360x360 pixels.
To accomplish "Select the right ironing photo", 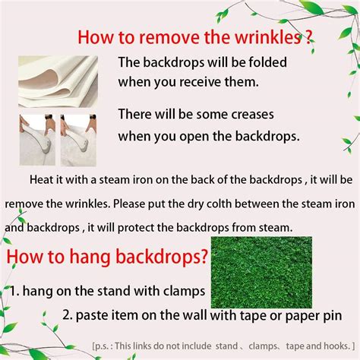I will tap(80, 138).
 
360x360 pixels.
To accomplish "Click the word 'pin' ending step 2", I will tap(330, 314).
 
